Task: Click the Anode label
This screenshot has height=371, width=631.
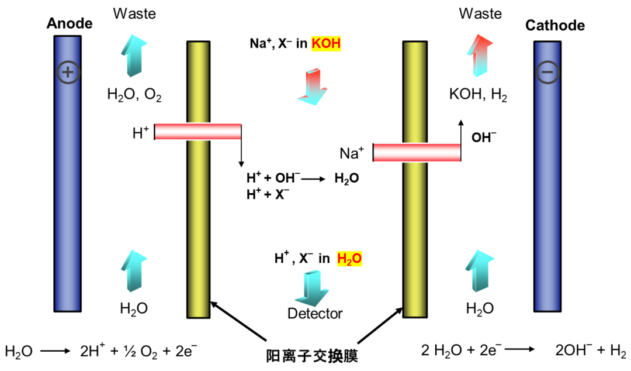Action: pyautogui.click(x=70, y=23)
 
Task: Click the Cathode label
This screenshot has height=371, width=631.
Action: pyautogui.click(x=554, y=25)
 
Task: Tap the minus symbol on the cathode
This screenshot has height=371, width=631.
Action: pyautogui.click(x=548, y=72)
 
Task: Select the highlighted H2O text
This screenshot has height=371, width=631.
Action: pyautogui.click(x=349, y=259)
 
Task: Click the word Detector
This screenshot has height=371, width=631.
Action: pyautogui.click(x=315, y=314)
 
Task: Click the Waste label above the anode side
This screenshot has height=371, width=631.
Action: pyautogui.click(x=134, y=13)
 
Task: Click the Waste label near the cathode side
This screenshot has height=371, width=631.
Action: pyautogui.click(x=480, y=13)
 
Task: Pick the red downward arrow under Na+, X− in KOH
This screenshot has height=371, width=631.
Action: pyautogui.click(x=310, y=87)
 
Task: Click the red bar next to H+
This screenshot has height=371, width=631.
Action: pyautogui.click(x=198, y=132)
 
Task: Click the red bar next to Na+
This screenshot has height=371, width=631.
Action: pyautogui.click(x=417, y=152)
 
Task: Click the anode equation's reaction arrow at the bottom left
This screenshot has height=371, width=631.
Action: pyautogui.click(x=54, y=352)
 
